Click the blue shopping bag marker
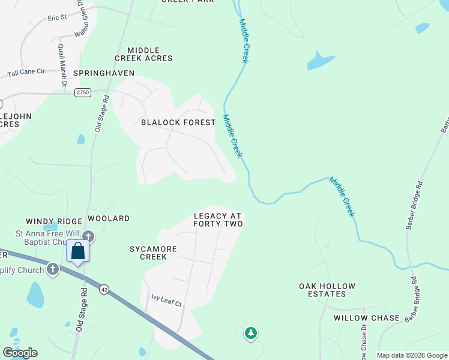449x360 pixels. point(78,251)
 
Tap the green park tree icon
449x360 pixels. point(251,332)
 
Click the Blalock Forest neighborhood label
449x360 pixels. point(178,122)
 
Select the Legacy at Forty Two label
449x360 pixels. point(218,220)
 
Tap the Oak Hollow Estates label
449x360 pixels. point(327,290)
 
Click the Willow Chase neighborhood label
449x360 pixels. point(366,318)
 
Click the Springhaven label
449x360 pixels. point(104,73)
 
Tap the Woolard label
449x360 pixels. point(109,218)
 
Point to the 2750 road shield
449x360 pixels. point(83,92)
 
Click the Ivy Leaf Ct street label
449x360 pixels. point(166,300)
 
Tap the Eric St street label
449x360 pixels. point(57,18)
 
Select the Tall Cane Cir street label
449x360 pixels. point(26,73)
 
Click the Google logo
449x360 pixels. point(20,353)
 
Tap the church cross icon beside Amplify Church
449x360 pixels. point(53,269)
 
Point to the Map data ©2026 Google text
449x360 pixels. point(412,355)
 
